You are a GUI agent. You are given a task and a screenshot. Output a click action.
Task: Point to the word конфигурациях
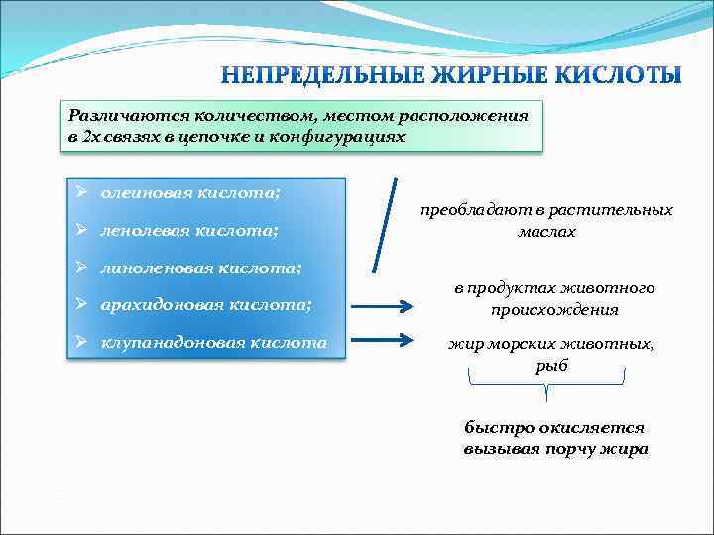tap(337, 136)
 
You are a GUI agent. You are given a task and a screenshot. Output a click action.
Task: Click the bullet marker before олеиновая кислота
tap(84, 191)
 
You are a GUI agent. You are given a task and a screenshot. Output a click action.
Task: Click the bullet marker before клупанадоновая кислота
tap(84, 342)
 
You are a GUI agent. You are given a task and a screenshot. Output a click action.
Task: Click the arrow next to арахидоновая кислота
tap(380, 306)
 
